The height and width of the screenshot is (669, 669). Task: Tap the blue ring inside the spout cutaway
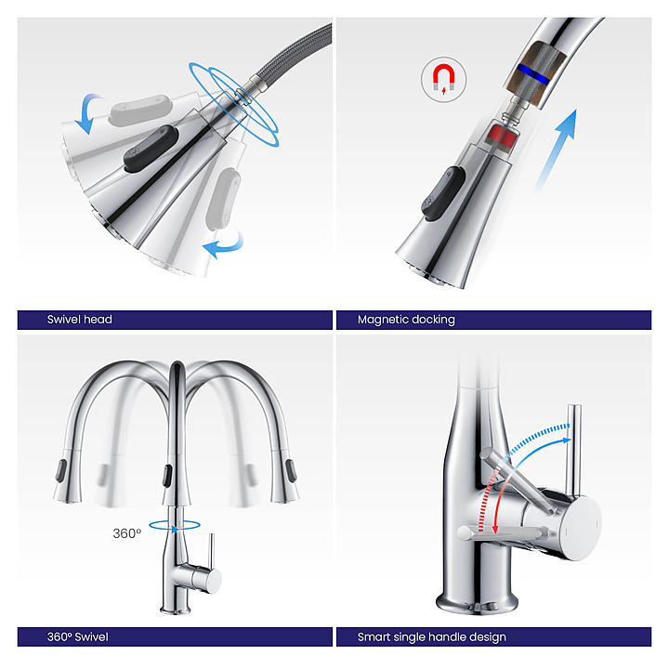point(533,73)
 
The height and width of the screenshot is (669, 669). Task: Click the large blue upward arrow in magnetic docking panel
point(557,150)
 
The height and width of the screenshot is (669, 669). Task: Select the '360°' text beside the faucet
point(126,533)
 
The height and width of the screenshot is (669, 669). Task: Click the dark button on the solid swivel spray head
point(151,149)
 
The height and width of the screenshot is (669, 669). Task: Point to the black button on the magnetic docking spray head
point(443,193)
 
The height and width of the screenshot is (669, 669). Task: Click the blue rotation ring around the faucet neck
point(174,526)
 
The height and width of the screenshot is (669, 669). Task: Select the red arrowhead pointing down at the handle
point(495,529)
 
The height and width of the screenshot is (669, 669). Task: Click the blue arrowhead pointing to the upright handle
point(566,440)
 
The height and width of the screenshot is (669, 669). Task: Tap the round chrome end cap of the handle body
point(580,528)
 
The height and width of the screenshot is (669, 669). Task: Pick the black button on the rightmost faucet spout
point(292,470)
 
